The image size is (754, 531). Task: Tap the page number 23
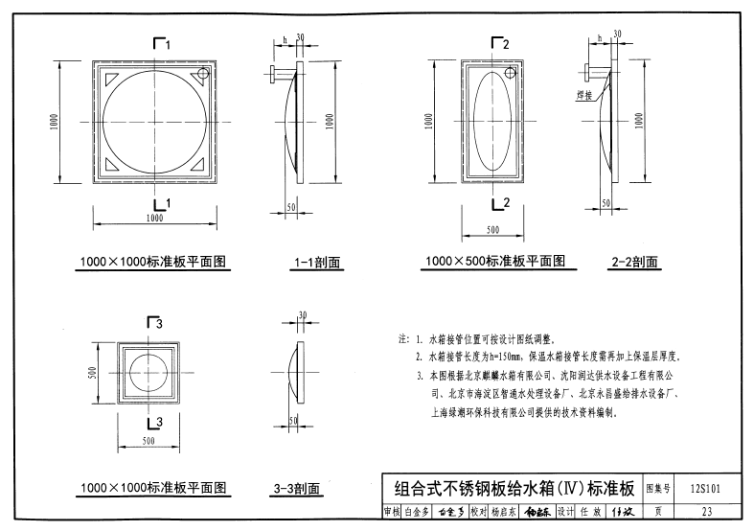pyautogui.click(x=707, y=512)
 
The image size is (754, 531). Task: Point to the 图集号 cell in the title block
pyautogui.click(x=660, y=487)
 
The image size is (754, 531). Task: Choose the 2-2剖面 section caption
pyautogui.click(x=633, y=261)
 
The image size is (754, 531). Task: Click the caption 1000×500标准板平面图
pyautogui.click(x=495, y=261)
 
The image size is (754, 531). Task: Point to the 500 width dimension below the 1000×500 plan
pyautogui.click(x=492, y=230)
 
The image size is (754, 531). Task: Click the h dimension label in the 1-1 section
pyautogui.click(x=284, y=40)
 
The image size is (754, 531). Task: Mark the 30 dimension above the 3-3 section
pyautogui.click(x=302, y=315)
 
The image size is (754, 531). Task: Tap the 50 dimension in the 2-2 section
pyautogui.click(x=605, y=203)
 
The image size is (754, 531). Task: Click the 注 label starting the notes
pyautogui.click(x=401, y=339)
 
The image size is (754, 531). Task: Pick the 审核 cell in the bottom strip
pyautogui.click(x=390, y=512)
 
